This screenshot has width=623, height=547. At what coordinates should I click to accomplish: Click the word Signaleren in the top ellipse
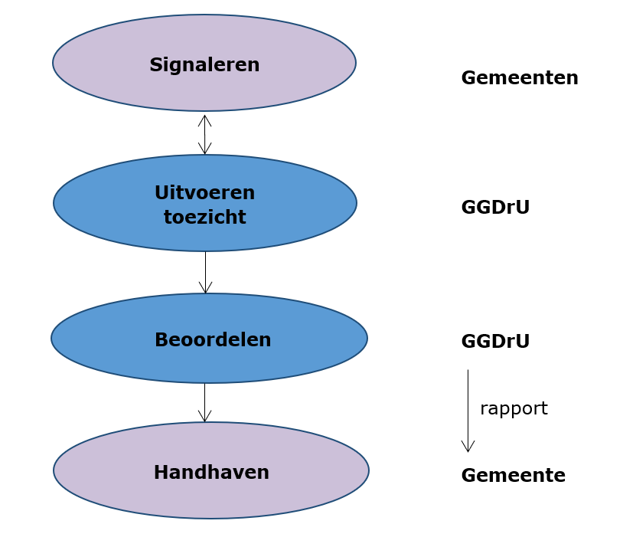point(204,65)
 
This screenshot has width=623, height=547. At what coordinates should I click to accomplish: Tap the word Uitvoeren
point(204,192)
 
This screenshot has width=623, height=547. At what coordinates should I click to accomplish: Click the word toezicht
point(204,217)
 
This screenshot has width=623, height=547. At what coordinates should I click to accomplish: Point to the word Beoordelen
point(213,339)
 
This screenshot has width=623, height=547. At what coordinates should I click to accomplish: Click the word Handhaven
point(211,472)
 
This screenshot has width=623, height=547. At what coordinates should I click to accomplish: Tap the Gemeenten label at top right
point(519,77)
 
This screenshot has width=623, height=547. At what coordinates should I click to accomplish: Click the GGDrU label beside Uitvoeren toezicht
point(495,207)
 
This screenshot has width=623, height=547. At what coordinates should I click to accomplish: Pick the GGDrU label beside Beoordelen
point(495,341)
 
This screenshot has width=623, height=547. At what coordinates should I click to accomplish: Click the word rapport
point(514,408)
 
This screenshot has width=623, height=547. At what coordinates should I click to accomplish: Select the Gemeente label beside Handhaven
point(513,475)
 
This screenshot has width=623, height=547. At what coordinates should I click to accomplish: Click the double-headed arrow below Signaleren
point(205,135)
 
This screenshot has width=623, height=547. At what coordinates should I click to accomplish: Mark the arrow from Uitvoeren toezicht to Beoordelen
point(205,272)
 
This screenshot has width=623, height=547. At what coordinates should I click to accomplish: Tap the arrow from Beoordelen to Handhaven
point(204,402)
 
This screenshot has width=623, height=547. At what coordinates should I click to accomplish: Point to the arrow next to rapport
point(468,410)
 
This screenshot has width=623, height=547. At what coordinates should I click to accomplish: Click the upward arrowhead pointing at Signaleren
point(205,120)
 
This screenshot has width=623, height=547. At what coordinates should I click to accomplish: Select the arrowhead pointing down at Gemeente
point(468,447)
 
